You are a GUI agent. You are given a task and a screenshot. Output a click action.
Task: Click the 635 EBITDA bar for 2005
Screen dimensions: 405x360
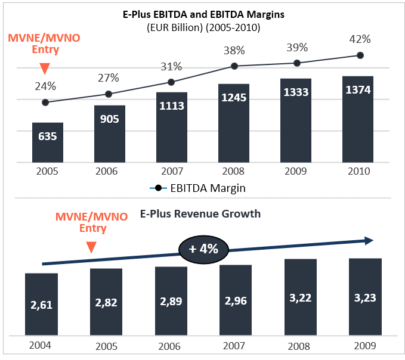(48, 142)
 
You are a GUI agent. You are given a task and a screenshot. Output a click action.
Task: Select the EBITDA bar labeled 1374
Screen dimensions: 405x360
(358, 119)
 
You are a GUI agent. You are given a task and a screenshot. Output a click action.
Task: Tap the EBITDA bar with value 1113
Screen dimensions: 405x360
(172, 127)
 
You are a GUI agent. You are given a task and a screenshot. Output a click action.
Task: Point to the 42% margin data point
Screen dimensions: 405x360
(360, 55)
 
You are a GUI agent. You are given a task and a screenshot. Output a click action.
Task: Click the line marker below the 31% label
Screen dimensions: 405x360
(171, 82)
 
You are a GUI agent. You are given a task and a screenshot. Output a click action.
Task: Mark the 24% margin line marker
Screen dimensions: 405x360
(45, 103)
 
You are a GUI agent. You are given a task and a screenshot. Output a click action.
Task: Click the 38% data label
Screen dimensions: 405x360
(234, 51)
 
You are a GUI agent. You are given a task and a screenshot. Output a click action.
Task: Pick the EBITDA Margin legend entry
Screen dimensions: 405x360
(197, 188)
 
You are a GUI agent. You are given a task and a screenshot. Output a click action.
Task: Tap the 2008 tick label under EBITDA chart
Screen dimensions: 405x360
(233, 171)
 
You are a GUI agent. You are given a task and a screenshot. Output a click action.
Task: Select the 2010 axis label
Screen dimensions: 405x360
(358, 171)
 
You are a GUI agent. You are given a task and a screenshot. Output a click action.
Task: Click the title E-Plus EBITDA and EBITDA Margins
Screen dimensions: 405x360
(203, 14)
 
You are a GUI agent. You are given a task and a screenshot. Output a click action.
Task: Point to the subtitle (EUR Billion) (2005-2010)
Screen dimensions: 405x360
(203, 27)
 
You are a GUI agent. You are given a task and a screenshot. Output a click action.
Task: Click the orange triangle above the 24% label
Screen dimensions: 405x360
(45, 68)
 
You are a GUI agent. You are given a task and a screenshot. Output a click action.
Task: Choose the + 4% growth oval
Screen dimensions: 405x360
(203, 249)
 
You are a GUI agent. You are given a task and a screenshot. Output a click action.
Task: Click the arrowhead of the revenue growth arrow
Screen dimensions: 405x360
(369, 241)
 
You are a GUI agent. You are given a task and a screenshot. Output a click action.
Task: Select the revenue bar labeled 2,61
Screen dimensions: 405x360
(41, 304)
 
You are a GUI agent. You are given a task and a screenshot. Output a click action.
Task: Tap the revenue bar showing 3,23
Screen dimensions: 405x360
(365, 297)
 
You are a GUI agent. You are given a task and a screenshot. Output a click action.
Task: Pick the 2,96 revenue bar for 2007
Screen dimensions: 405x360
(236, 300)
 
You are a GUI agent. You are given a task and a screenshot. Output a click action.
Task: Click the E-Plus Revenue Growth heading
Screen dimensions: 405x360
(200, 214)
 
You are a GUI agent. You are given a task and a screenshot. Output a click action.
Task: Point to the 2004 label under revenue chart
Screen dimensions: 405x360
(40, 345)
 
